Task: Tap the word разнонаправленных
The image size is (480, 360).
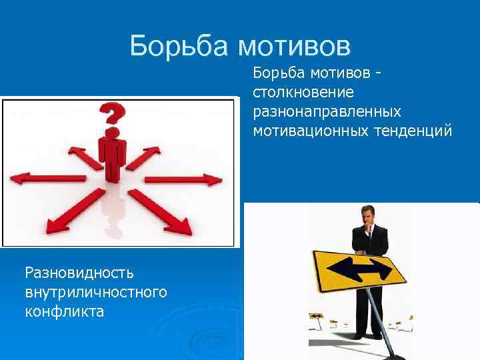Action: pos(327,111)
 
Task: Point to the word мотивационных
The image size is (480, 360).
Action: pos(308,131)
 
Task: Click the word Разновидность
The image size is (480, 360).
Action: pos(79,272)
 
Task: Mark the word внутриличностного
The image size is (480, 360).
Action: pos(95,292)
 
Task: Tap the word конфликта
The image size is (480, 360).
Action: pos(64,311)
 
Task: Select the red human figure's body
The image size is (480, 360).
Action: pos(111,153)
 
